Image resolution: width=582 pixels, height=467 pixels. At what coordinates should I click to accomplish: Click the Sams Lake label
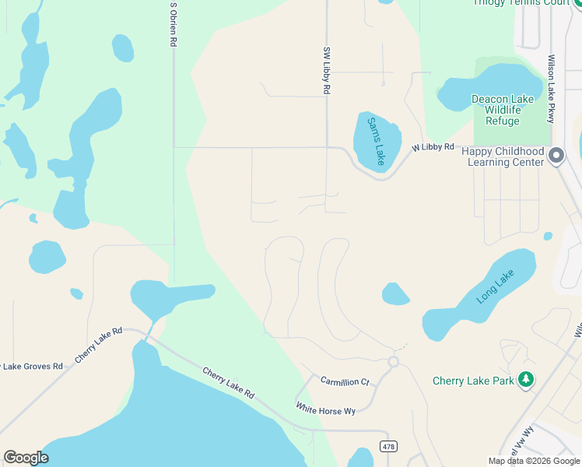376,140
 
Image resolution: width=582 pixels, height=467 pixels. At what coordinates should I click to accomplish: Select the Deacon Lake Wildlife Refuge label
503,111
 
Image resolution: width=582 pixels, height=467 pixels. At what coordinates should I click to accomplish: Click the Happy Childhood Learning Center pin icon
556,156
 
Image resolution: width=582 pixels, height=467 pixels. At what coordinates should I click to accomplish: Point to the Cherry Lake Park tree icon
527,380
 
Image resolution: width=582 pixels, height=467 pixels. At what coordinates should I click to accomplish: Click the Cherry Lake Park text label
474,381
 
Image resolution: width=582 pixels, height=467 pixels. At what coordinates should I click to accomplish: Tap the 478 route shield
387,445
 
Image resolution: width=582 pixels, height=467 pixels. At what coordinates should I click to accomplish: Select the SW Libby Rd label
327,70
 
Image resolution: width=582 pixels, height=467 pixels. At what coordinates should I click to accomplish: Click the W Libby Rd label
433,146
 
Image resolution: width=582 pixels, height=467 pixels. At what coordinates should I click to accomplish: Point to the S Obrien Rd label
173,25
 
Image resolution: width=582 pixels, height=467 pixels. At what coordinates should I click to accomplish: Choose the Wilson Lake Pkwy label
551,78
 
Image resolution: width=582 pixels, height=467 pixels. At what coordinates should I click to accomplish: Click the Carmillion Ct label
345,381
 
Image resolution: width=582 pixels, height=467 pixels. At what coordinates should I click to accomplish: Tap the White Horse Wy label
325,409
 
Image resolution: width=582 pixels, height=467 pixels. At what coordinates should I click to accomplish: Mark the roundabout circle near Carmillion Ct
394,362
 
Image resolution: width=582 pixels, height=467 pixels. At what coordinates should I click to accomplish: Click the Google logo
26,458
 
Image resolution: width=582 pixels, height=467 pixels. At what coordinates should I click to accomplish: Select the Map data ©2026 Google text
534,461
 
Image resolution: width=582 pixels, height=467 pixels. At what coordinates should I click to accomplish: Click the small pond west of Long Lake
395,294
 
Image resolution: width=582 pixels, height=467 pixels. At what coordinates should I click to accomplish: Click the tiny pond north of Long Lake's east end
548,236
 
